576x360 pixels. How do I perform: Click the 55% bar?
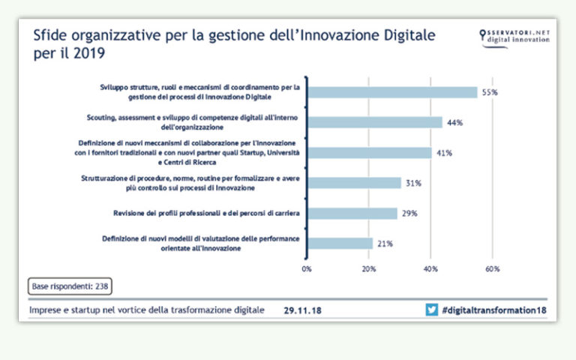pyautogui.click(x=392, y=92)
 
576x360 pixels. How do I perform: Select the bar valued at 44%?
pyautogui.click(x=375, y=122)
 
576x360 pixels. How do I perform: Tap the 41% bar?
pyautogui.click(x=370, y=152)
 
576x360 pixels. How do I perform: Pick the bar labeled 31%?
pyautogui.click(x=354, y=183)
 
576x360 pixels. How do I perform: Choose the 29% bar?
pyautogui.click(x=352, y=214)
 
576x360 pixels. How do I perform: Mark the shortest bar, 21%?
pyautogui.click(x=339, y=243)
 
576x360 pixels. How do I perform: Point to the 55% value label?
pyautogui.click(x=490, y=92)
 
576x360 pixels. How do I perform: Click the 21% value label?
pyautogui.click(x=385, y=243)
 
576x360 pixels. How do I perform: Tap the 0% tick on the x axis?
pyautogui.click(x=307, y=268)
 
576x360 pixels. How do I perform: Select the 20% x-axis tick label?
pyautogui.click(x=369, y=268)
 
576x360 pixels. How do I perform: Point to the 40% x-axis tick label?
pyautogui.click(x=431, y=268)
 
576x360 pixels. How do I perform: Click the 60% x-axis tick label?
pyautogui.click(x=493, y=268)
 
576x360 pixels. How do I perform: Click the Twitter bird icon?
pyautogui.click(x=431, y=310)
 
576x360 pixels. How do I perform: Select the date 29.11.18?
pyautogui.click(x=303, y=310)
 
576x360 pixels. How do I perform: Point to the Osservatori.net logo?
pyautogui.click(x=514, y=36)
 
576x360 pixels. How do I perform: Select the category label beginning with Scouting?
pyautogui.click(x=190, y=122)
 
